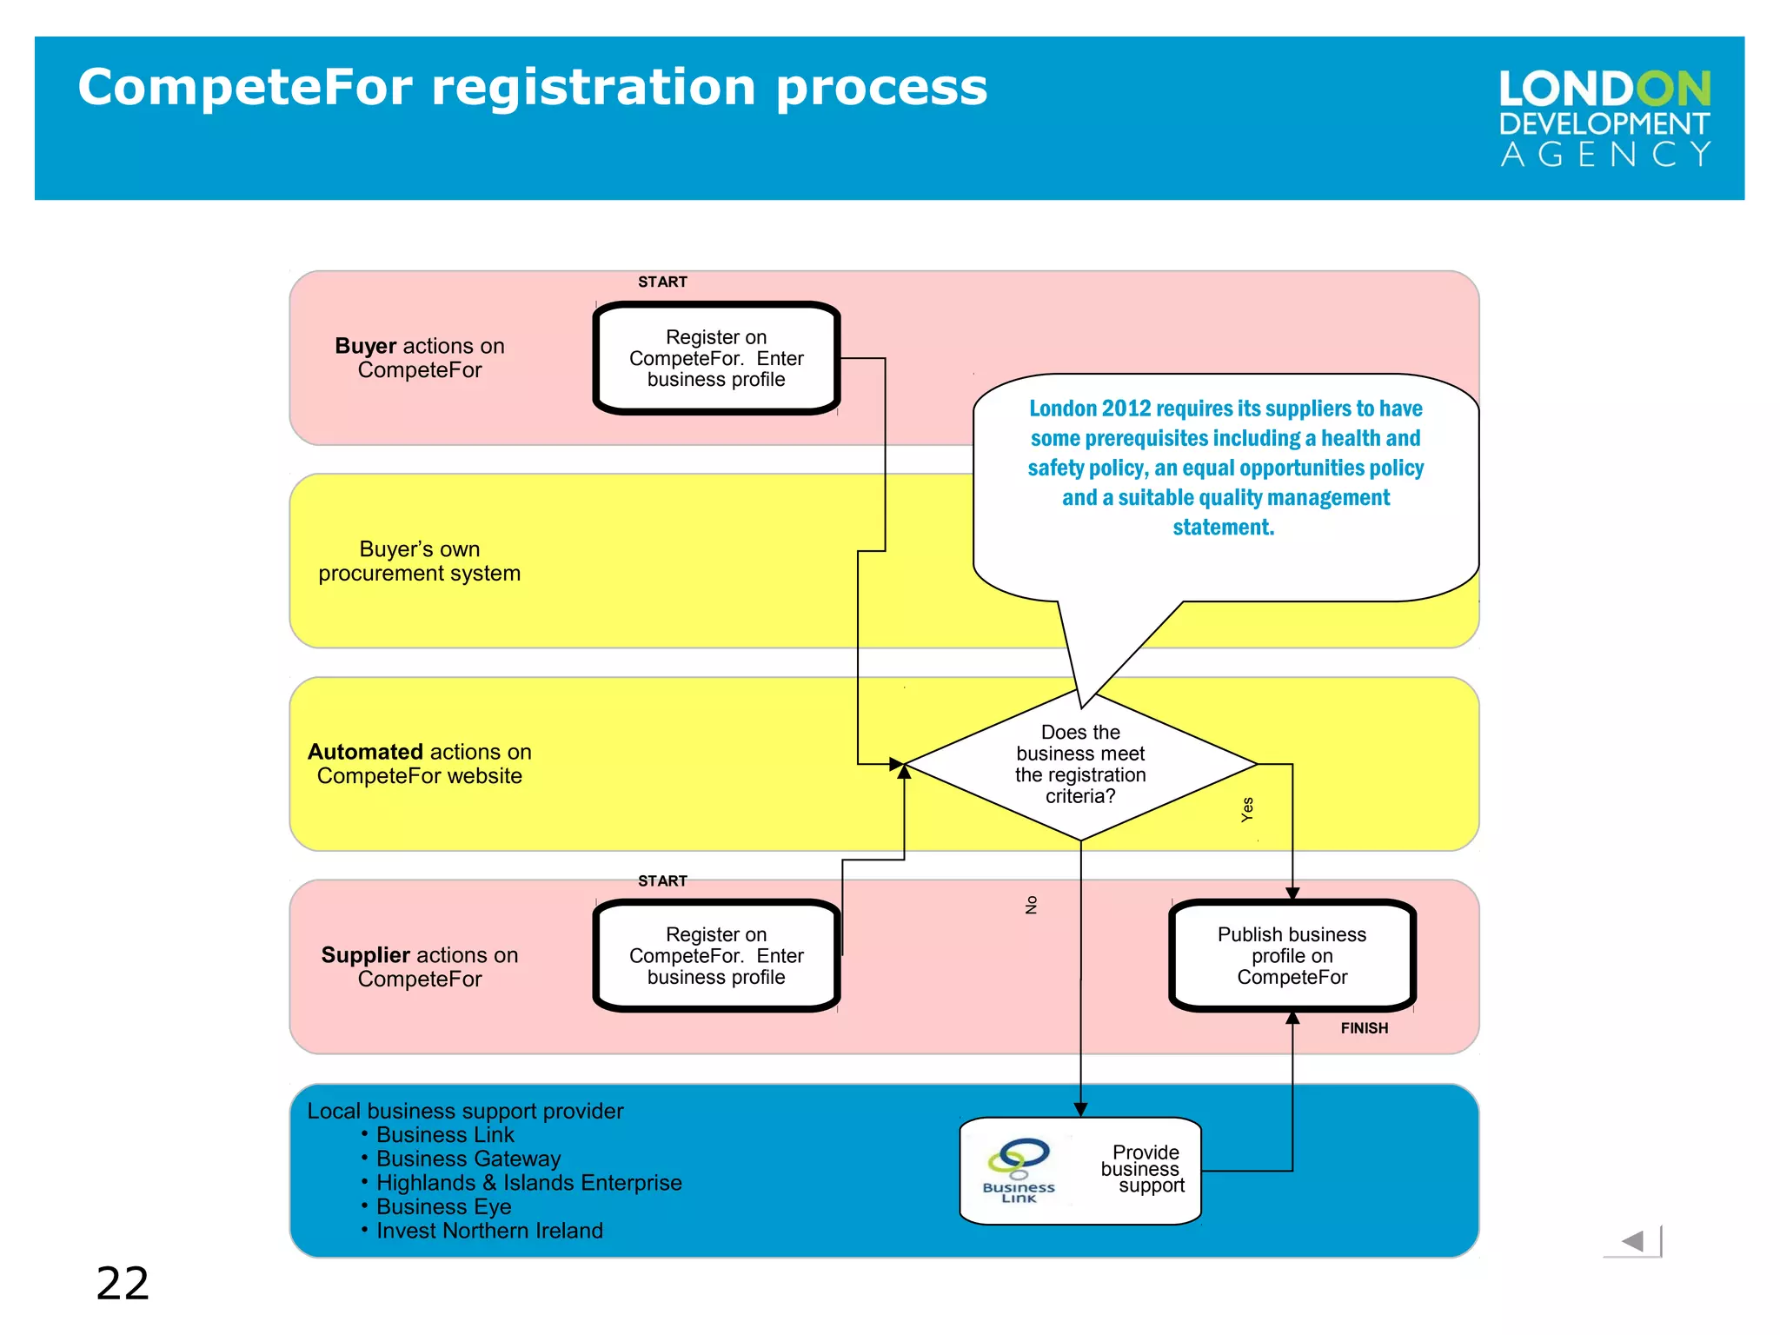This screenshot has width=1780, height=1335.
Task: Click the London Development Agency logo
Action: [1604, 118]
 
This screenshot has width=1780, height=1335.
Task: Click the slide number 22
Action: [123, 1283]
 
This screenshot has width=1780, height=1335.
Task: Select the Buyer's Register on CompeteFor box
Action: [716, 358]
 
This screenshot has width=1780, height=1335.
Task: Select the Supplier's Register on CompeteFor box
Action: [716, 956]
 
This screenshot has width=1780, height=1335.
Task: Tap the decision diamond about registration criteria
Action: [1080, 765]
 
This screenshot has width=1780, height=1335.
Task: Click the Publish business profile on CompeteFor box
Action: [1292, 956]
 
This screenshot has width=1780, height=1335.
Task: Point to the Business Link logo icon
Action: [1019, 1170]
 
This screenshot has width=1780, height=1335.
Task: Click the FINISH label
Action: [1364, 1028]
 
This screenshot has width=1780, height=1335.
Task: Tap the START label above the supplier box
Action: [662, 881]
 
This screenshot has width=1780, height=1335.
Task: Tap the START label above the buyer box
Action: [662, 282]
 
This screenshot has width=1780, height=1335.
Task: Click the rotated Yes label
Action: [1247, 809]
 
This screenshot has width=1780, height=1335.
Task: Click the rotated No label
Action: [1032, 905]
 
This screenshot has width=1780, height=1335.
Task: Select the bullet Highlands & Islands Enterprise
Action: [528, 1183]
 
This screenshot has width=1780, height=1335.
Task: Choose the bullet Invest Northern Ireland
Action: [489, 1231]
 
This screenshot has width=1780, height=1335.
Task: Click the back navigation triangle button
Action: [1633, 1241]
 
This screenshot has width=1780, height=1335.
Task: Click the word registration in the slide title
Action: [594, 88]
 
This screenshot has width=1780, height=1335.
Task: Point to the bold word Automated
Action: [365, 752]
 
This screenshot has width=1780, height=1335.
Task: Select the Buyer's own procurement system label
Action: [419, 561]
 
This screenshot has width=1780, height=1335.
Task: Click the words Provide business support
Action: [1142, 1169]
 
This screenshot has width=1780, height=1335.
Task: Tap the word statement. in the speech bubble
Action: [1223, 528]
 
